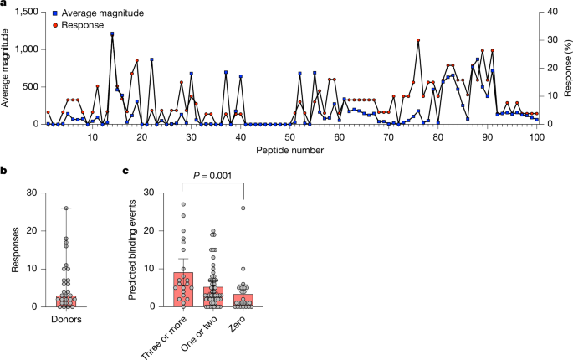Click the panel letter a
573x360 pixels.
pyautogui.click(x=5, y=6)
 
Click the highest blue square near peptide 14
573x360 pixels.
pyautogui.click(x=112, y=34)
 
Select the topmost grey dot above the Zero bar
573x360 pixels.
pyautogui.click(x=243, y=208)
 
